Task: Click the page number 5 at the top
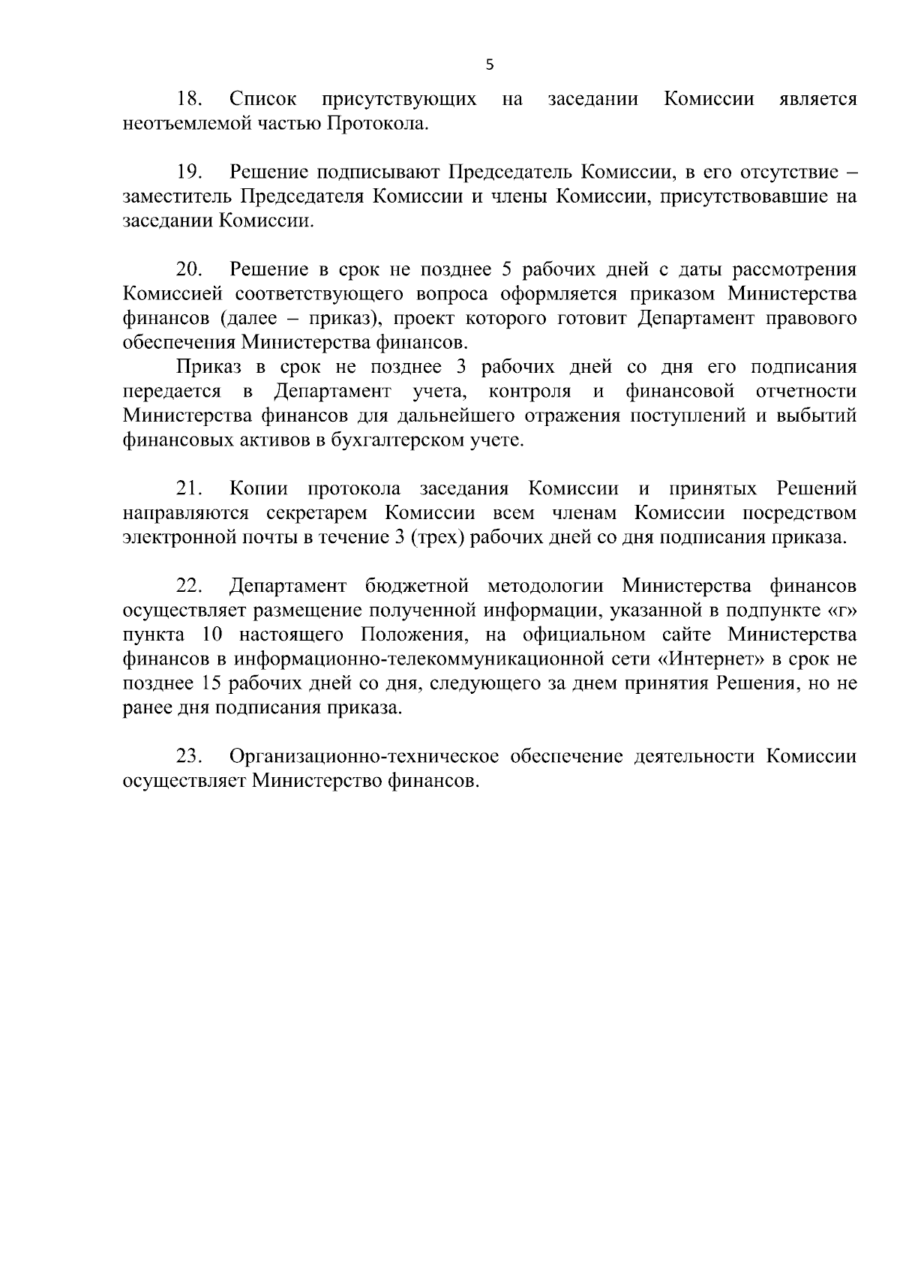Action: tap(490, 65)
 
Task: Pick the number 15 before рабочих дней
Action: tap(213, 683)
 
